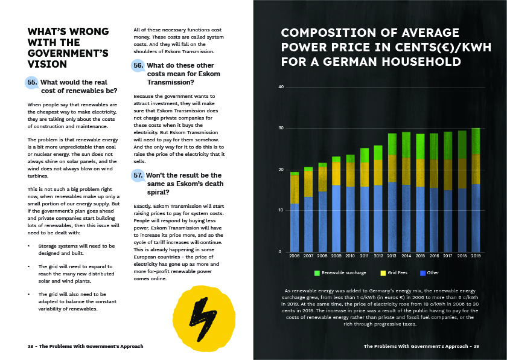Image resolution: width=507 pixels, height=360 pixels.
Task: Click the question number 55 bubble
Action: coord(32,82)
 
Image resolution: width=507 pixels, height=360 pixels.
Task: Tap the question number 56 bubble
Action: coord(138,66)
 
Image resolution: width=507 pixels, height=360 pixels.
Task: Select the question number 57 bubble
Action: coord(138,176)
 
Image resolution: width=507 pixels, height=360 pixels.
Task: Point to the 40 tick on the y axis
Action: coord(281,87)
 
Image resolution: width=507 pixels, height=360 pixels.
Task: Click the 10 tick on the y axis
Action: coord(281,210)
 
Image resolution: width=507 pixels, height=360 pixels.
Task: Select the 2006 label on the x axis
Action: coord(294,256)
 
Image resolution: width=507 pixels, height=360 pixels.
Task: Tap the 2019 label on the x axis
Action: coord(476,256)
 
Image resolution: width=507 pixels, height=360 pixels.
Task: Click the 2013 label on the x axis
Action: coord(392,256)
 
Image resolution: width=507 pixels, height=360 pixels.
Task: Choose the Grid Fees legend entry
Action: coord(395,273)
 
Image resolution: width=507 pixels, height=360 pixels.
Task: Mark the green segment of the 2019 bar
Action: coord(476,141)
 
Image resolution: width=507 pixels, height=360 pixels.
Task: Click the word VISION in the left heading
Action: coord(48,64)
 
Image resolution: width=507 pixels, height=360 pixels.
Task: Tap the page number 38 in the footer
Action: coord(30,346)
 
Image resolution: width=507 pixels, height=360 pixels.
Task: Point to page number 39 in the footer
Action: coord(476,346)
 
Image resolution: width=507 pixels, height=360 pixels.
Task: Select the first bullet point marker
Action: coord(29,246)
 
